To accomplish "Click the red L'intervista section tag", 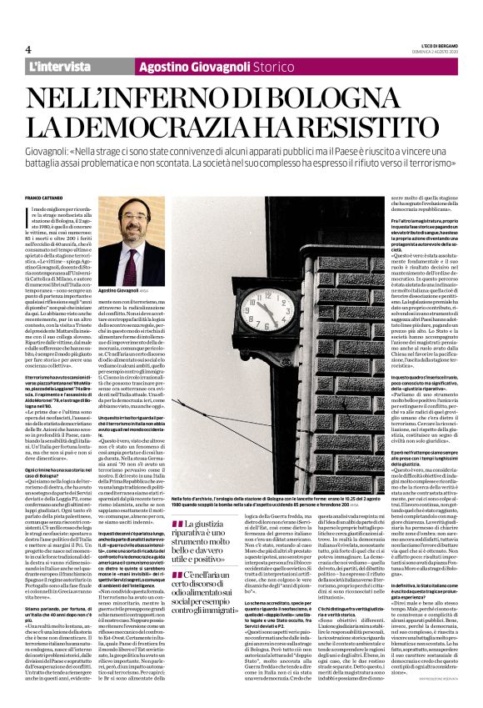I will tap(59, 66).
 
